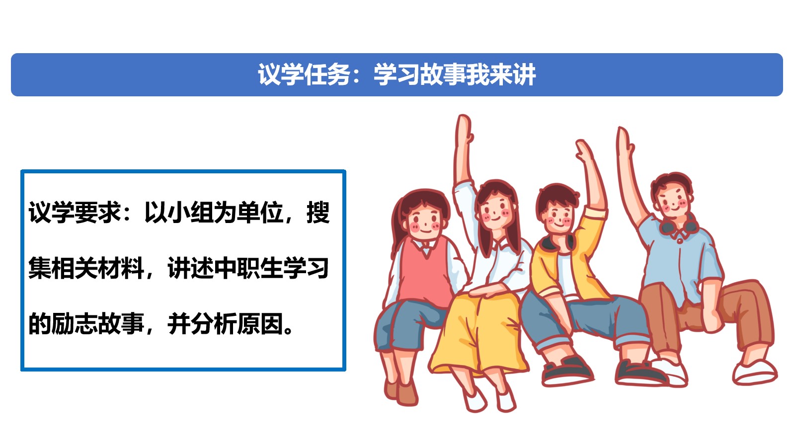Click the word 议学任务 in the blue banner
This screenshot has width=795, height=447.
click(304, 75)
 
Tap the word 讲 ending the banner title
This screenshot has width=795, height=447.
click(524, 75)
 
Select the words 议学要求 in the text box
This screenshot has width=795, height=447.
click(75, 213)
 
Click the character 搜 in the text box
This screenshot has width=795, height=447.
click(318, 213)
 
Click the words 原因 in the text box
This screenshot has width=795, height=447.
click(260, 324)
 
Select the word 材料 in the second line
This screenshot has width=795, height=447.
click(121, 269)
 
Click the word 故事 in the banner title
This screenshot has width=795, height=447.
click(443, 75)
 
